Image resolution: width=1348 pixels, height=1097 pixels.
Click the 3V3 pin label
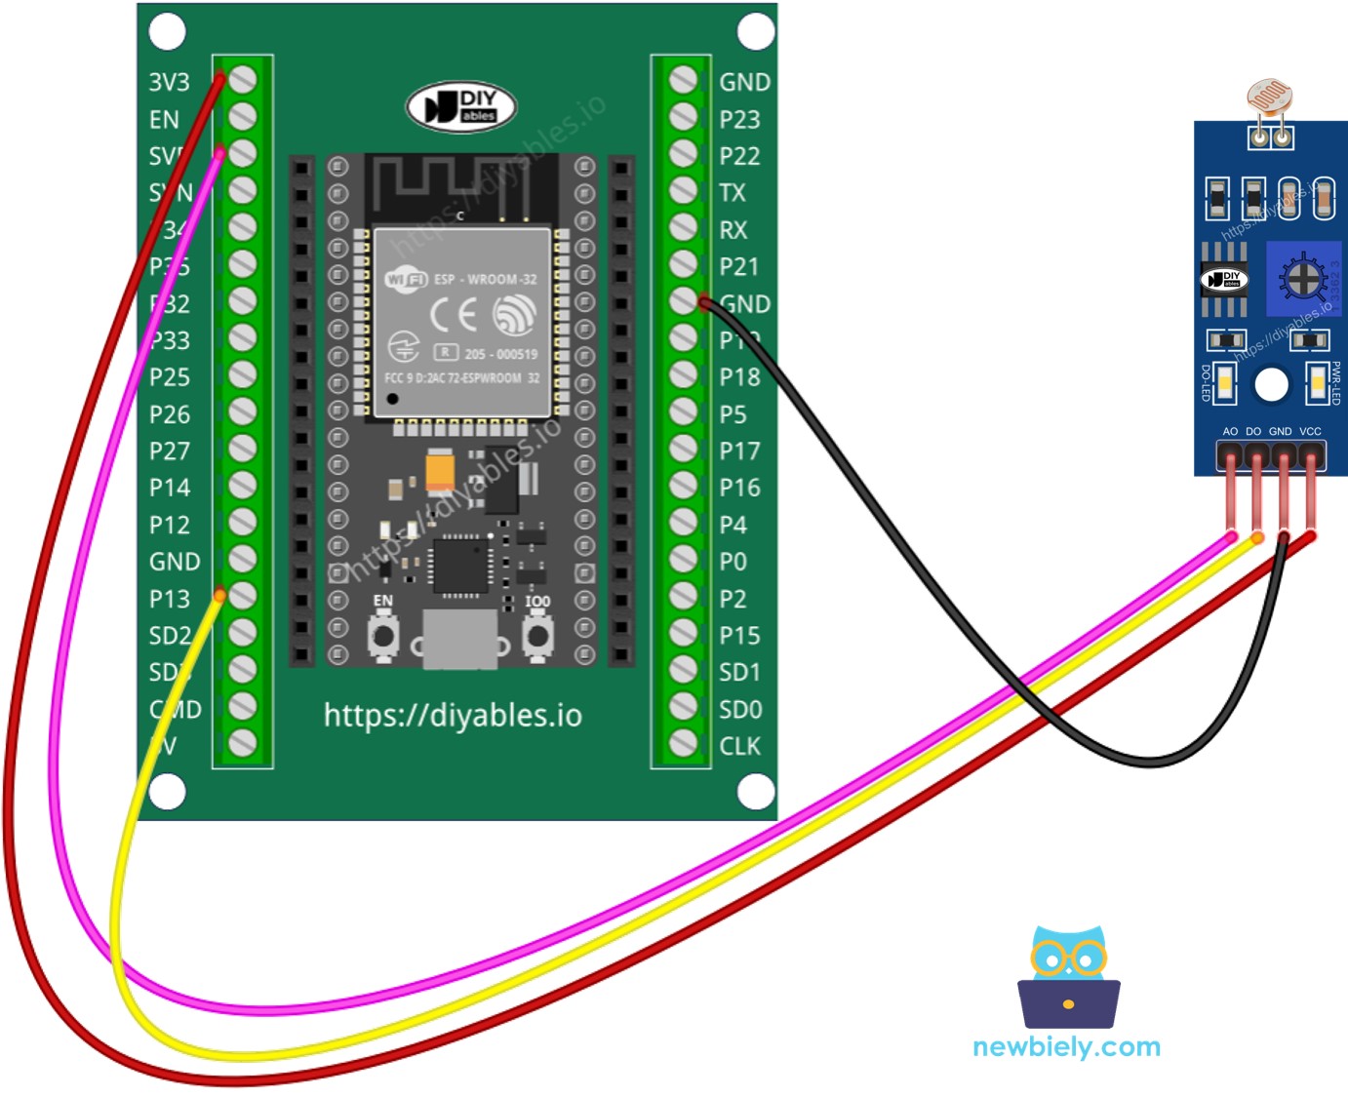(x=169, y=83)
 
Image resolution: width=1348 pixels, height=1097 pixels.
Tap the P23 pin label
(x=739, y=120)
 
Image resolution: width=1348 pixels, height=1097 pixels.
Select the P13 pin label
(x=169, y=599)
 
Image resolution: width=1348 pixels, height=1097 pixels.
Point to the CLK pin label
(x=739, y=747)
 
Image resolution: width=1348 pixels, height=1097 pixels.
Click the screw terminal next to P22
(x=684, y=155)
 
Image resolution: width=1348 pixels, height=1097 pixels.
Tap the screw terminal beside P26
(x=242, y=413)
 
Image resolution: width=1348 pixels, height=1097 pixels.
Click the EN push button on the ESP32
(x=383, y=636)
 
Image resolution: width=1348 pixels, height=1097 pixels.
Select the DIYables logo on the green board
(x=460, y=106)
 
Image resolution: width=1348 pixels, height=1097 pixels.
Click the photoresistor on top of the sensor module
(x=1269, y=98)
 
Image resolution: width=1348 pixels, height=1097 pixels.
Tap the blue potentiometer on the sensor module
(x=1302, y=278)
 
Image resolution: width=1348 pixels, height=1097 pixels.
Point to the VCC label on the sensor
(x=1310, y=431)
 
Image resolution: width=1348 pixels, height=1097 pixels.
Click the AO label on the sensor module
(x=1230, y=431)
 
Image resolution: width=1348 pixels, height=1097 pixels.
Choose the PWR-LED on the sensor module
(x=1318, y=382)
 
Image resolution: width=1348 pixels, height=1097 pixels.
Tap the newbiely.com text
(x=1066, y=1047)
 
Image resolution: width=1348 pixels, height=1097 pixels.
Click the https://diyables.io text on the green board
(x=453, y=716)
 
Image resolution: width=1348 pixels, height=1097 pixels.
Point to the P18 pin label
(x=739, y=377)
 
